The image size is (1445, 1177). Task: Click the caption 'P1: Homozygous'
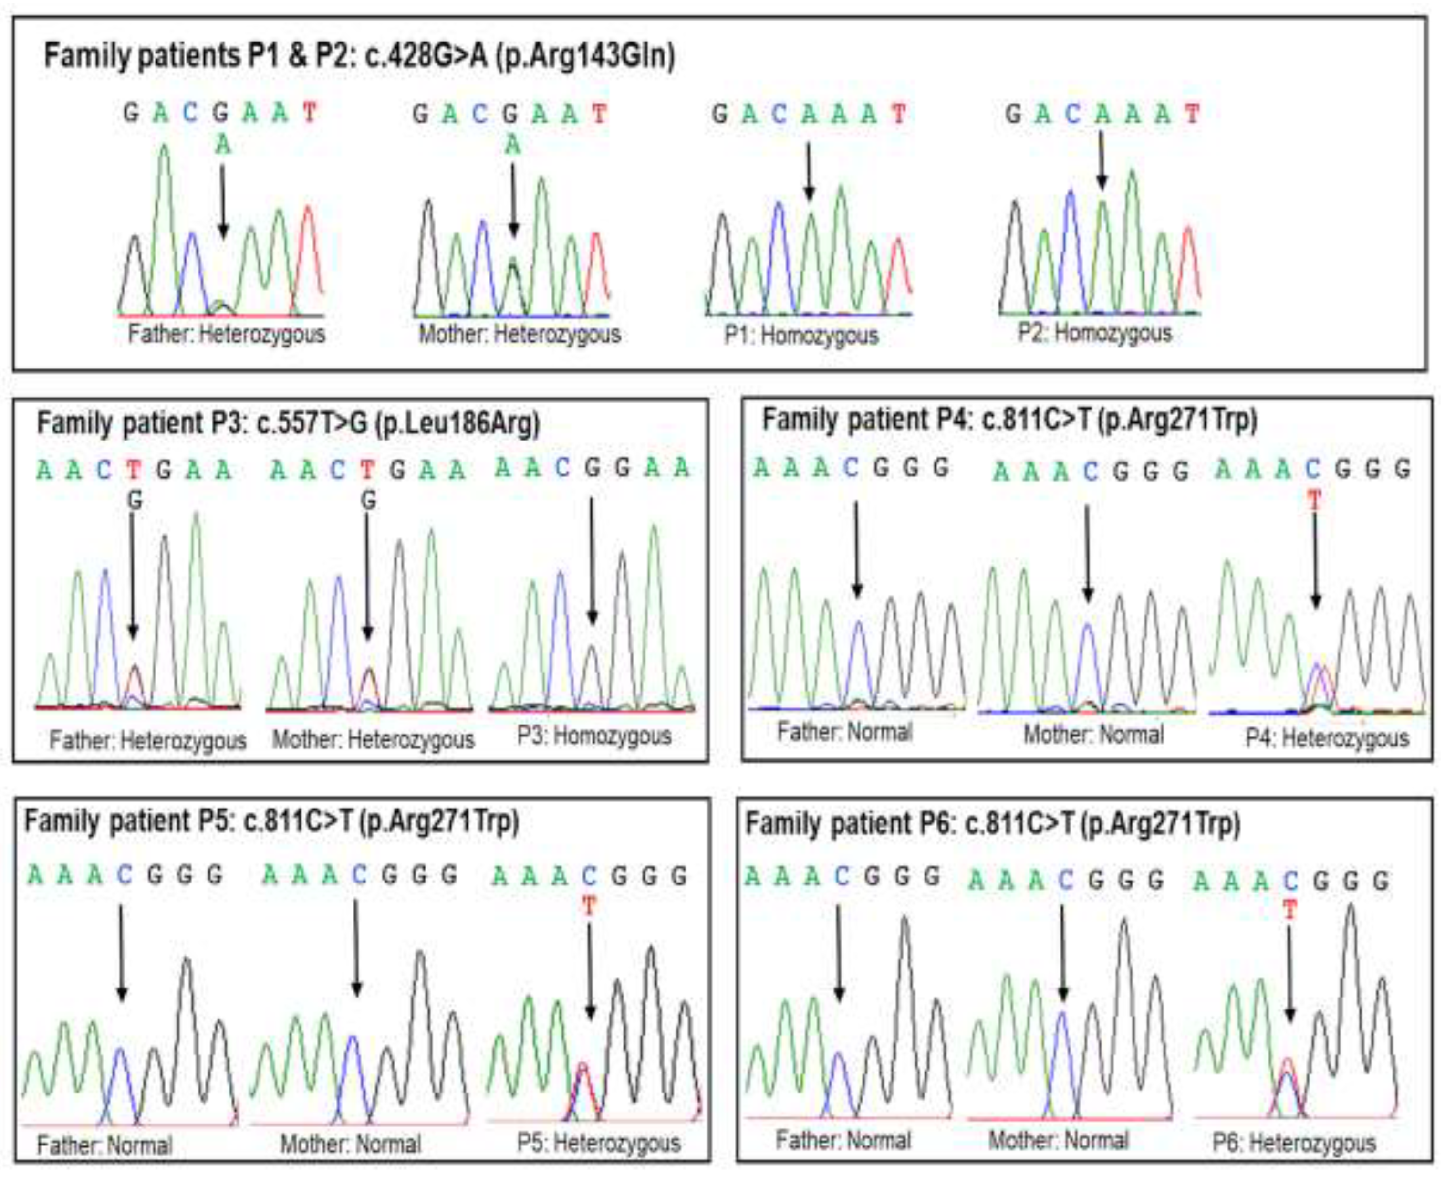(800, 336)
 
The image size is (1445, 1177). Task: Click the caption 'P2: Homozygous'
(1094, 333)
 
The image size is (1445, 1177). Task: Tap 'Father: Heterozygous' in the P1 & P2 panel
(227, 334)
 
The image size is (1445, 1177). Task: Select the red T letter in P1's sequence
(899, 114)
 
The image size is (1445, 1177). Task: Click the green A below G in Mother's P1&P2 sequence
(513, 145)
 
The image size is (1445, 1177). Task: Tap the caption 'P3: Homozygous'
(594, 736)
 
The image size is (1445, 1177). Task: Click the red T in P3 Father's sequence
(134, 469)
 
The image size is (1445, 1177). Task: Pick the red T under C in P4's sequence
(1314, 501)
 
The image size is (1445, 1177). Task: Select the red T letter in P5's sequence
(589, 906)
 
